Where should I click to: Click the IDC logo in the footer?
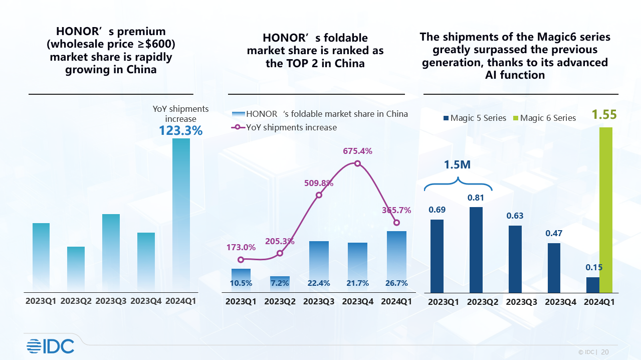tap(50, 346)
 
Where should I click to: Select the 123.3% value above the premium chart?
tap(181, 131)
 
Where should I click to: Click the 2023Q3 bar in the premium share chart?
tap(111, 253)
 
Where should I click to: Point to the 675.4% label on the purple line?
tap(357, 151)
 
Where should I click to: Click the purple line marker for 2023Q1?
tap(241, 260)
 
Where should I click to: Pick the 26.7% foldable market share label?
tap(396, 283)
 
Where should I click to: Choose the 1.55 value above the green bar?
tap(603, 115)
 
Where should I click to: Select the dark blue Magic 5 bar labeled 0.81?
tap(476, 250)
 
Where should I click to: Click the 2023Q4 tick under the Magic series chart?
tap(560, 302)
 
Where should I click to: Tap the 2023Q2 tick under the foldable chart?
tap(280, 302)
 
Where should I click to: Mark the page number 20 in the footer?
tap(605, 352)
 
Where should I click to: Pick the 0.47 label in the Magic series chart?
tap(554, 233)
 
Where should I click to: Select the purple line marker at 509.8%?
tap(319, 195)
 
